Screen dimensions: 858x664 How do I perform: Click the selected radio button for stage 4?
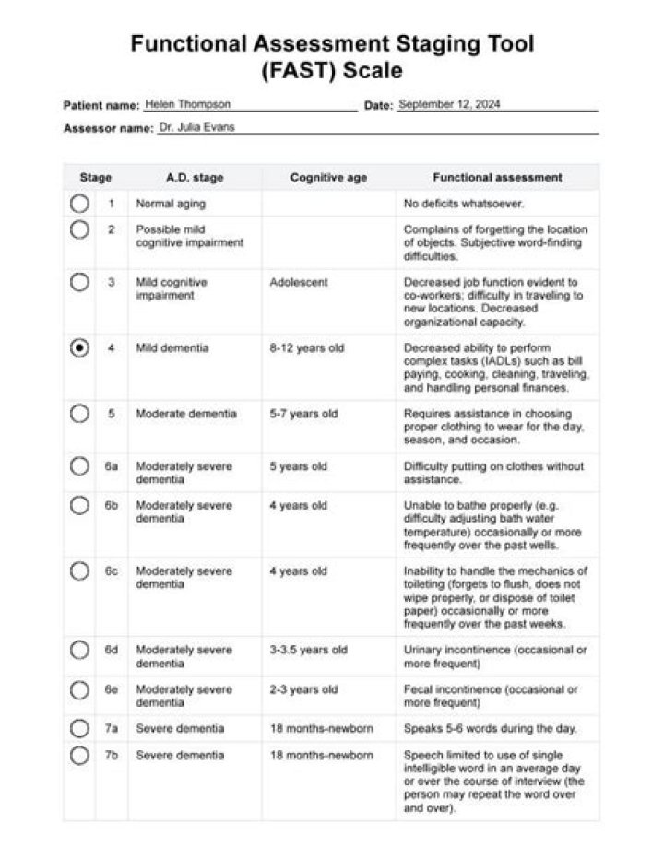click(79, 348)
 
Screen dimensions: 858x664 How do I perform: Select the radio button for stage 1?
click(79, 204)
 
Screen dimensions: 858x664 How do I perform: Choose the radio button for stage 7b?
click(79, 756)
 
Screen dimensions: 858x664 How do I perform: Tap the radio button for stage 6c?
click(79, 571)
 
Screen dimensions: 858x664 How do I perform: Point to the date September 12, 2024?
click(449, 104)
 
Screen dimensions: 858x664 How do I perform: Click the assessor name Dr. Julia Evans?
click(196, 128)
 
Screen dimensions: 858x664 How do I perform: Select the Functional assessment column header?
click(497, 178)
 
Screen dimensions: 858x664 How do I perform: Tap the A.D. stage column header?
click(195, 178)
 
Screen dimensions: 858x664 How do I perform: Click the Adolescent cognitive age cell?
click(299, 282)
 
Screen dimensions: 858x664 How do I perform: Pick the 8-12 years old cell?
click(307, 348)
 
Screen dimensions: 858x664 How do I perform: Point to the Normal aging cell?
click(172, 204)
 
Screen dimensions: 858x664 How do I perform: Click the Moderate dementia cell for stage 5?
click(186, 414)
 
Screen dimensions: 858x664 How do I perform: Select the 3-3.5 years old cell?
click(309, 651)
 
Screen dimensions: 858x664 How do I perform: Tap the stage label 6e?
click(112, 689)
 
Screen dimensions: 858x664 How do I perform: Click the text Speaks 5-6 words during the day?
click(491, 729)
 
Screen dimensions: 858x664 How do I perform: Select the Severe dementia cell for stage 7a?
click(180, 729)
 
